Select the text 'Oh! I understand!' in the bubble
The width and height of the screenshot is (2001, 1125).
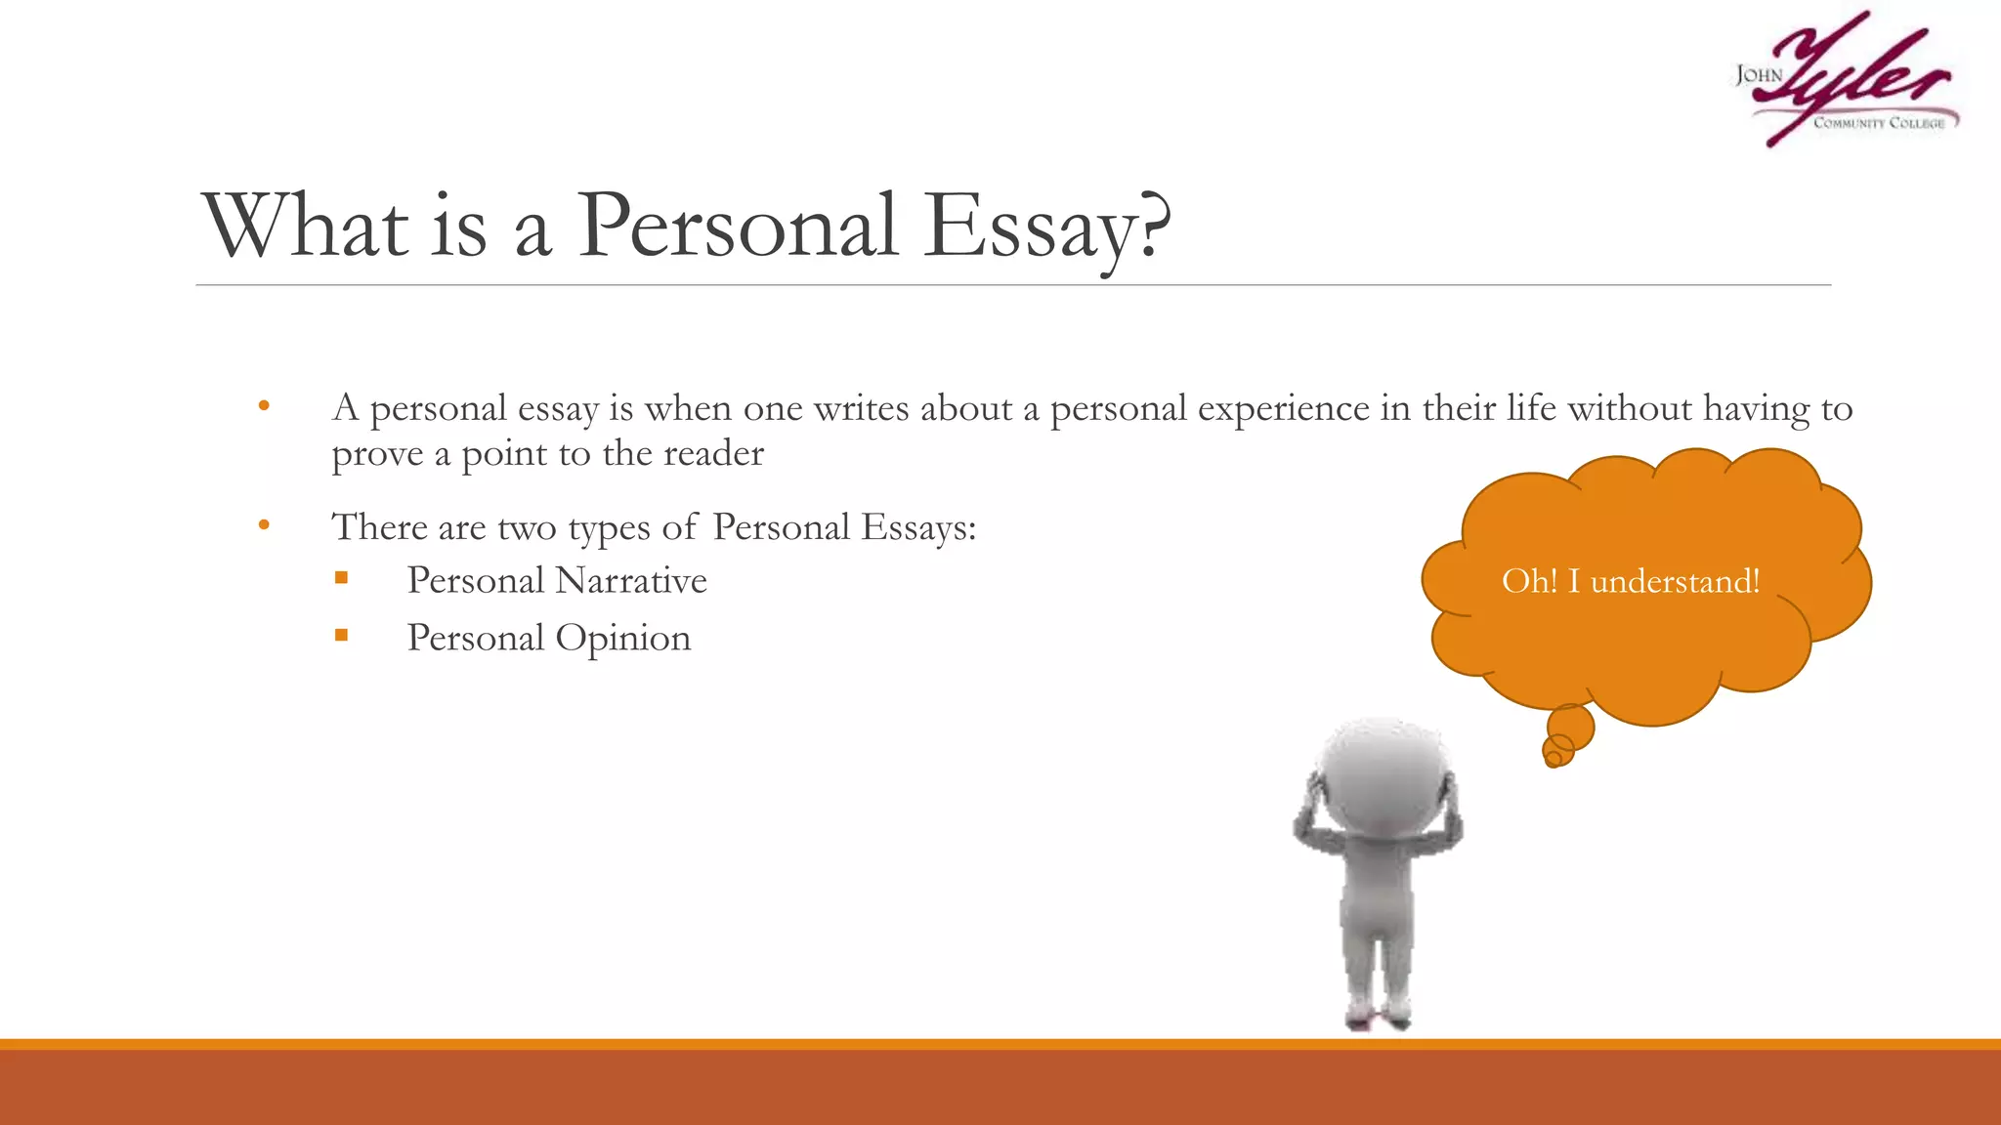pos(1631,581)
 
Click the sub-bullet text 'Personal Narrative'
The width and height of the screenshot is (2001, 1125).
pos(557,580)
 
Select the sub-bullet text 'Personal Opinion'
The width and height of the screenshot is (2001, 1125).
pos(549,638)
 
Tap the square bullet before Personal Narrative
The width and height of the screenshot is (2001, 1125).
pos(341,578)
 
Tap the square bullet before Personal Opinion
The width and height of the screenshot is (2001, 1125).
pos(341,636)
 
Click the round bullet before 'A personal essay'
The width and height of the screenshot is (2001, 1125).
pos(264,405)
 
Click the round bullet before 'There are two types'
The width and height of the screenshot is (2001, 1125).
pos(264,525)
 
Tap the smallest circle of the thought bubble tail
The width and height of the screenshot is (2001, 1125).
pos(1553,758)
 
